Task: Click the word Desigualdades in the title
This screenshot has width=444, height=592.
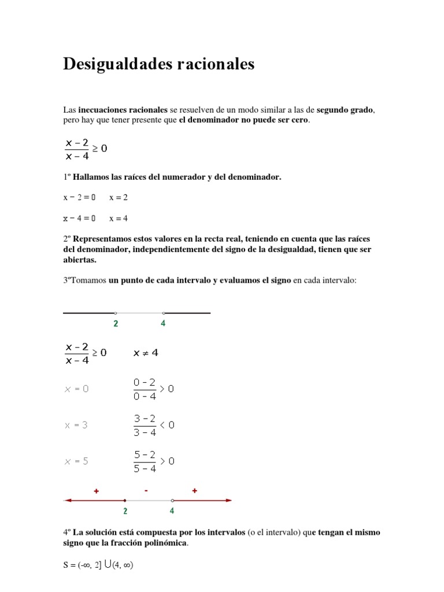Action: point(116,64)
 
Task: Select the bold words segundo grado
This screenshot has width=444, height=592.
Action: point(346,109)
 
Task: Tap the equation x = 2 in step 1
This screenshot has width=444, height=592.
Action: point(119,197)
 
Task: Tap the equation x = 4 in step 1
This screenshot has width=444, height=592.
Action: point(119,219)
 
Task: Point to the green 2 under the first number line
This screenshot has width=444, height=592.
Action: point(116,324)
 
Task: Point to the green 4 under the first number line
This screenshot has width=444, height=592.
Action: point(163,324)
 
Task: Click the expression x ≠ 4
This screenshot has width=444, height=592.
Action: point(146,353)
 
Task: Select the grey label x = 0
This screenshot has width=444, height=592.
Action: point(76,389)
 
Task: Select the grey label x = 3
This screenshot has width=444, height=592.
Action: point(76,425)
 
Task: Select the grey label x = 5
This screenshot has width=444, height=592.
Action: point(76,461)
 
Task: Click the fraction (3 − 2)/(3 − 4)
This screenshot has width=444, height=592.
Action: point(145,425)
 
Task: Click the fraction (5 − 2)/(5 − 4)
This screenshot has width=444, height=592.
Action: point(145,461)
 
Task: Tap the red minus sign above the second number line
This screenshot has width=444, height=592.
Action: point(147,491)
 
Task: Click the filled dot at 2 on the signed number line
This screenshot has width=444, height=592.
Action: point(125,500)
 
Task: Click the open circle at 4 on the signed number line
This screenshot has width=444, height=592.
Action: point(172,500)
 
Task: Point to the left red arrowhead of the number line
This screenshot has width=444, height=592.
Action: point(67,500)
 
